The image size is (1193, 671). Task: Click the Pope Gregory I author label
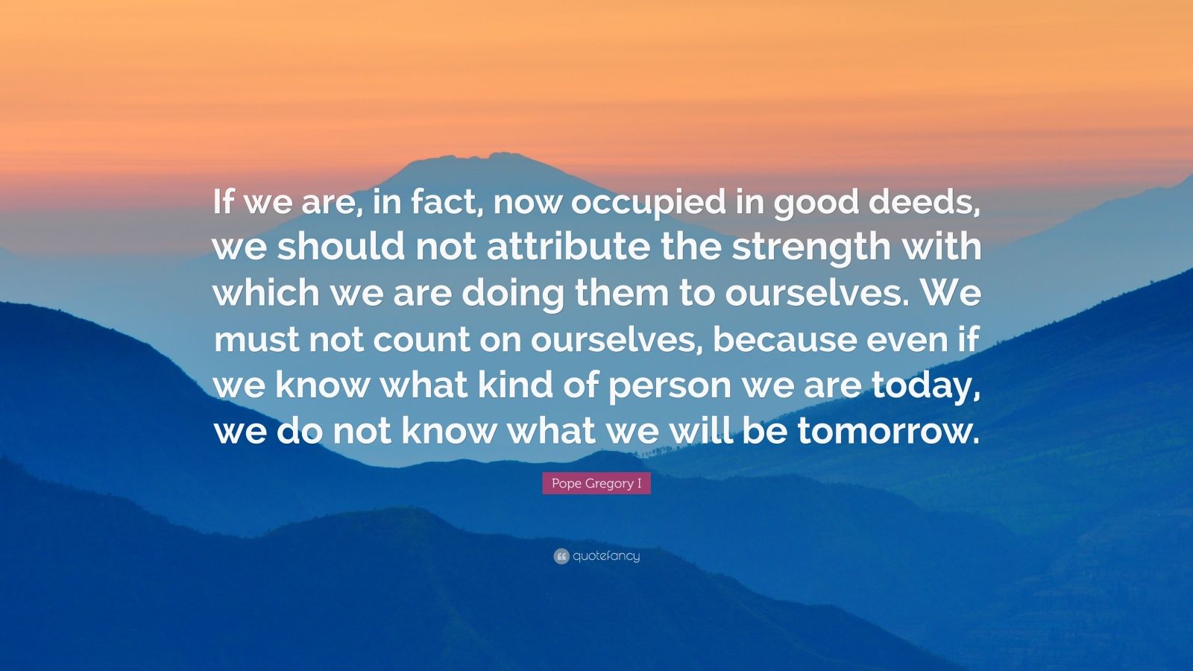pos(596,484)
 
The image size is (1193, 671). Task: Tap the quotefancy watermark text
pos(606,556)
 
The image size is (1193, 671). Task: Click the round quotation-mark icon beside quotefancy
pos(561,556)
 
